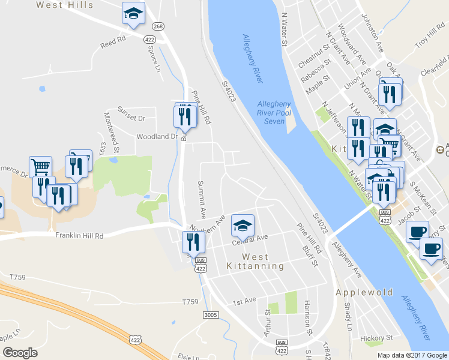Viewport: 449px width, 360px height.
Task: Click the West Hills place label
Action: pyautogui.click(x=65, y=5)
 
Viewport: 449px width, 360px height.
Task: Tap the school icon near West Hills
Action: pyautogui.click(x=133, y=13)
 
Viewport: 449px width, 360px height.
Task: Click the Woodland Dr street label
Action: pyautogui.click(x=157, y=137)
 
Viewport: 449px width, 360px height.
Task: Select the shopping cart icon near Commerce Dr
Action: pyautogui.click(x=40, y=166)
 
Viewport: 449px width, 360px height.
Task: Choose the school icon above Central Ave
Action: pyautogui.click(x=243, y=226)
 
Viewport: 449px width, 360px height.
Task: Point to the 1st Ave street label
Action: pyautogui.click(x=244, y=300)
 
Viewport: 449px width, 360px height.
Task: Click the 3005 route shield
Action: pyautogui.click(x=210, y=314)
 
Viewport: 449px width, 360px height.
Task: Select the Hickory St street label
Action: pyautogui.click(x=377, y=338)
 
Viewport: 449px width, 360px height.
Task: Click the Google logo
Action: pyautogui.click(x=20, y=353)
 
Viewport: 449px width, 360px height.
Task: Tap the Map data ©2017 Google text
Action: pyautogui.click(x=412, y=355)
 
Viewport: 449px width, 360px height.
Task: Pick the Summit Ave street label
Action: pyautogui.click(x=202, y=199)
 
